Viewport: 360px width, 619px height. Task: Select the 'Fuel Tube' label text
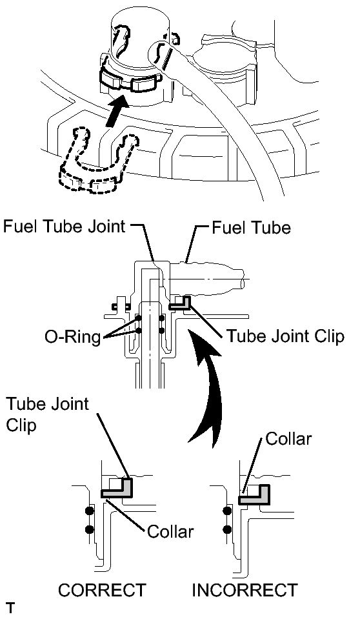[252, 227]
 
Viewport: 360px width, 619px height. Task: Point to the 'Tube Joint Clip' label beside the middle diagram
[285, 336]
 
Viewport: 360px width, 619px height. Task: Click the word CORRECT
[102, 590]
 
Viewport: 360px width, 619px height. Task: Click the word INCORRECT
[245, 590]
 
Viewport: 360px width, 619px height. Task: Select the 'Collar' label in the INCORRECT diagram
[288, 438]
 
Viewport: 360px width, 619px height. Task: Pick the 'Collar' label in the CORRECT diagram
[170, 532]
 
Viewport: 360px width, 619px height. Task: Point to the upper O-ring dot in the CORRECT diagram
[90, 511]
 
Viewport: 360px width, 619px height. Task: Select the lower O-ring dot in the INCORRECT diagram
[227, 529]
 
